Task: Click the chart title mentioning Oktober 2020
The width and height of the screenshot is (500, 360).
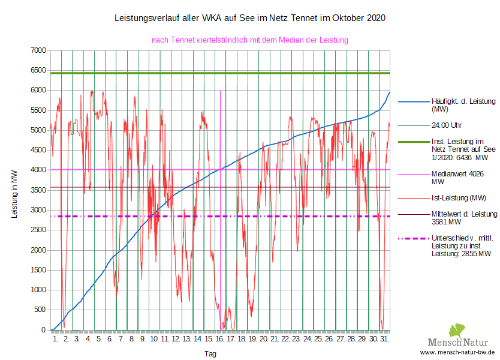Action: (x=250, y=19)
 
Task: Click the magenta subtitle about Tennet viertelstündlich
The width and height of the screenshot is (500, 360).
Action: (x=250, y=40)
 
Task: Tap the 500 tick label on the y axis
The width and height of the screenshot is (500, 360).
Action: (x=41, y=310)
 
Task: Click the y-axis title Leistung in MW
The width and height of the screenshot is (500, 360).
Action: (x=15, y=191)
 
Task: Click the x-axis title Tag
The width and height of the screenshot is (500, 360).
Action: (x=210, y=354)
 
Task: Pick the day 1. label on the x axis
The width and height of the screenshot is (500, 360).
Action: (x=55, y=339)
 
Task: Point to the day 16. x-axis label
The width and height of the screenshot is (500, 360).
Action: (x=221, y=339)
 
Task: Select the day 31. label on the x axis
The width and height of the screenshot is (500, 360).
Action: (x=384, y=339)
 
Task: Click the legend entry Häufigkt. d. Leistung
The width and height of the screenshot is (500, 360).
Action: (x=456, y=105)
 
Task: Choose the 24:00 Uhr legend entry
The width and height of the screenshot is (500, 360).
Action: (x=447, y=125)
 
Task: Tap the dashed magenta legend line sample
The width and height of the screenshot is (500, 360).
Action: (x=412, y=238)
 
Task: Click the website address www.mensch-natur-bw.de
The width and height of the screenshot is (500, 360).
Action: (x=457, y=352)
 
